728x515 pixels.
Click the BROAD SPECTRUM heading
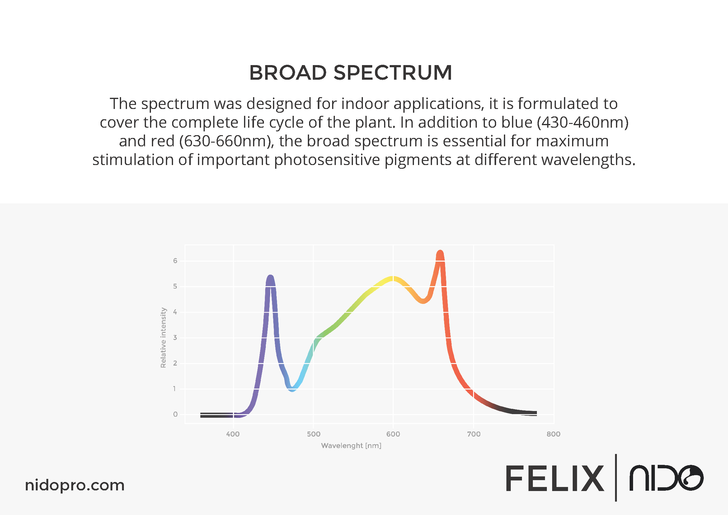pyautogui.click(x=350, y=73)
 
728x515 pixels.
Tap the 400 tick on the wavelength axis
pyautogui.click(x=233, y=434)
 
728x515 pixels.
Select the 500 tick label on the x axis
pyautogui.click(x=313, y=434)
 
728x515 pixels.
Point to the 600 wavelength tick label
pyautogui.click(x=393, y=434)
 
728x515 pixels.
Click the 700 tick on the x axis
pyautogui.click(x=474, y=434)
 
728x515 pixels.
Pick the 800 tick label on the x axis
pyautogui.click(x=554, y=434)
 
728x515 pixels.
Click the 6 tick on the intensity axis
pyautogui.click(x=175, y=261)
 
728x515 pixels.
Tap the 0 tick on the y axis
pyautogui.click(x=175, y=414)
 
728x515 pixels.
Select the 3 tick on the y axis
pyautogui.click(x=175, y=338)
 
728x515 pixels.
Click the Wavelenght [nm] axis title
pyautogui.click(x=351, y=446)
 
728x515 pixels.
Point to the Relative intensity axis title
pyautogui.click(x=163, y=338)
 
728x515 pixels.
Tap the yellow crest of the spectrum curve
pyautogui.click(x=392, y=278)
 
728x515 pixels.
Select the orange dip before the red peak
pyautogui.click(x=423, y=301)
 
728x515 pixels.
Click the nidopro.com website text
pyautogui.click(x=75, y=485)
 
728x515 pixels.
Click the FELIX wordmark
pyautogui.click(x=555, y=478)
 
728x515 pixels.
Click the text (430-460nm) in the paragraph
pyautogui.click(x=583, y=122)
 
